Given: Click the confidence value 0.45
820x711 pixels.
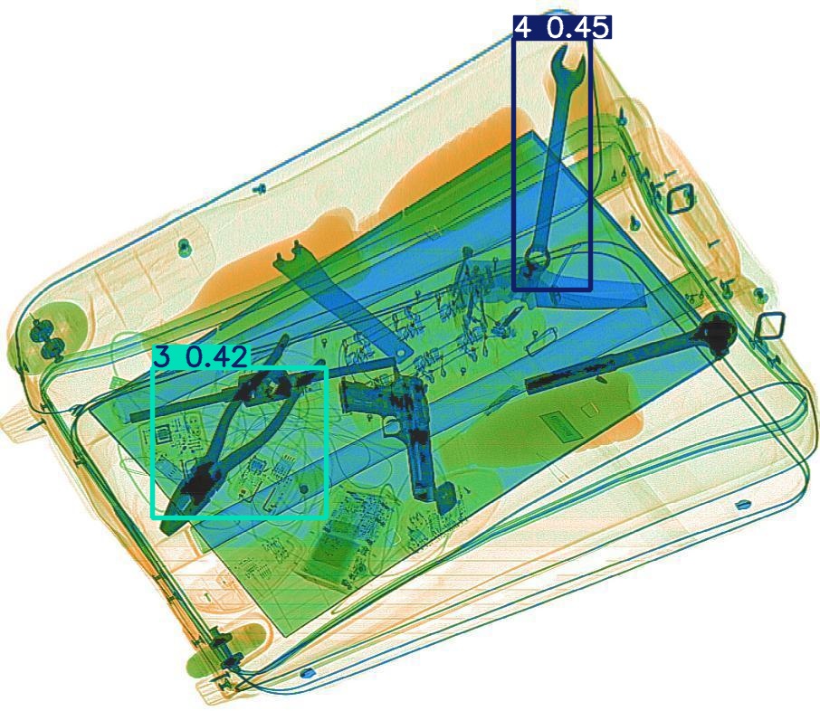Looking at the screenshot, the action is pos(578,27).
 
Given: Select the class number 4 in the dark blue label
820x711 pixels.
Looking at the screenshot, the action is pos(523,27).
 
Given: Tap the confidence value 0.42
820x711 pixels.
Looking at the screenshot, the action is pos(216,357).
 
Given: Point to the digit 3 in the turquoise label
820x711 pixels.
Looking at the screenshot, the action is pos(163,357).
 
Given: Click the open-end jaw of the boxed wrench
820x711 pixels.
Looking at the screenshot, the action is pos(567,65).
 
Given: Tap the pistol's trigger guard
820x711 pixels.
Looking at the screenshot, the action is pos(391,426).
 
